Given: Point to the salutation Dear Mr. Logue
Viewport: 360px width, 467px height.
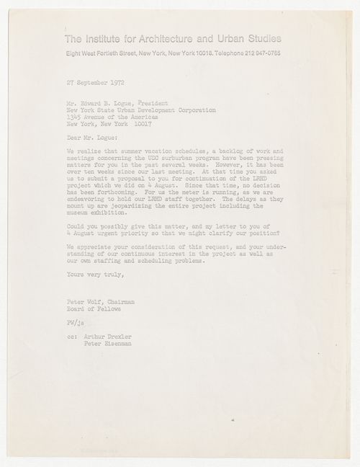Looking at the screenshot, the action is (x=88, y=133).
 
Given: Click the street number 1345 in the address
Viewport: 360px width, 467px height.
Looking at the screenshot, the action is (x=71, y=115).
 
